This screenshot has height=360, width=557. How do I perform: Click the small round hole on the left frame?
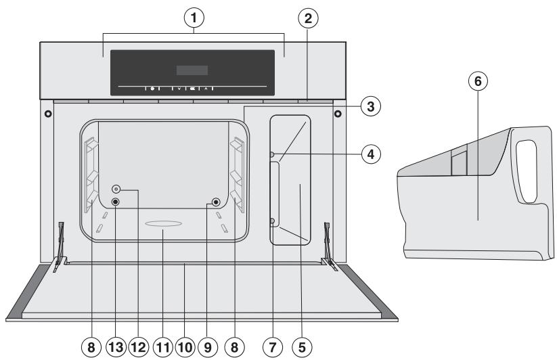(x=47, y=112)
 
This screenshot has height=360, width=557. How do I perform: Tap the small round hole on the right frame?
(x=336, y=112)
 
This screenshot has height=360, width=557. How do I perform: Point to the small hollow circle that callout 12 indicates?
(x=116, y=189)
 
